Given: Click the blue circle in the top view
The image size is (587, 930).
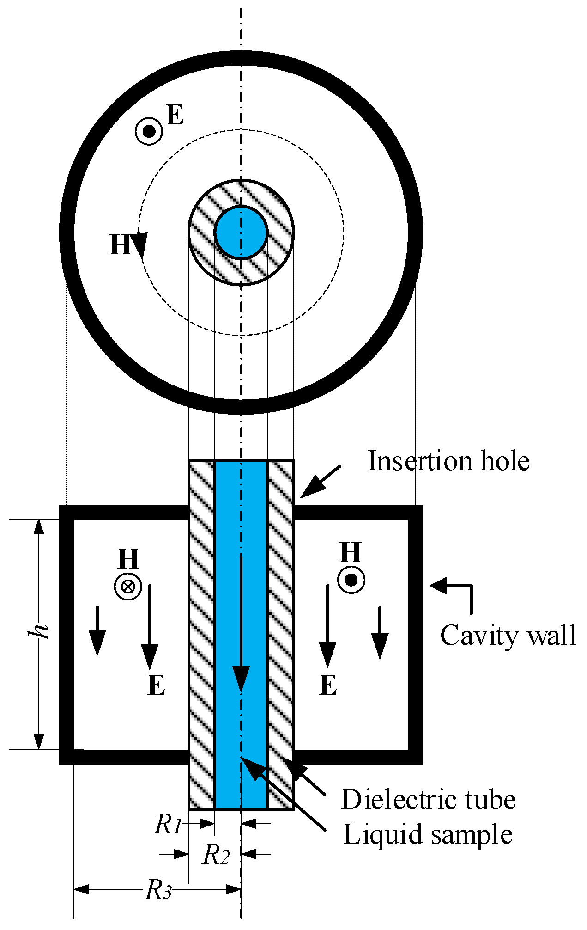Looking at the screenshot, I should (x=241, y=232).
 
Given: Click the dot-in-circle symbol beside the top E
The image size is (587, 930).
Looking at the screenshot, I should (x=149, y=132).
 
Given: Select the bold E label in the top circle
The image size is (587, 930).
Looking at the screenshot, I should (x=175, y=115).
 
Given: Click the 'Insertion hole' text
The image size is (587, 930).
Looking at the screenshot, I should (x=448, y=461).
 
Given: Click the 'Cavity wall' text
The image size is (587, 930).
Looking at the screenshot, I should (x=508, y=636).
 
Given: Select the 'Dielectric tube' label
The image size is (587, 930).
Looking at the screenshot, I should (x=428, y=800).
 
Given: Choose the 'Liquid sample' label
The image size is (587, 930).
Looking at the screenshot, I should (x=428, y=835).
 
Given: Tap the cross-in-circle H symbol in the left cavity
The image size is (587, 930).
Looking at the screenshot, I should (x=128, y=587).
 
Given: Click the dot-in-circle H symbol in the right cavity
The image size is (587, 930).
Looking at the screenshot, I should (x=351, y=580).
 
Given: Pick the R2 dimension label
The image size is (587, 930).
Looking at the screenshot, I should (x=216, y=854).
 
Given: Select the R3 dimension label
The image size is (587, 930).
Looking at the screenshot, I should (x=159, y=890).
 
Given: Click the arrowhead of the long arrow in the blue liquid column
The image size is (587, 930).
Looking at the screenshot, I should (x=241, y=679).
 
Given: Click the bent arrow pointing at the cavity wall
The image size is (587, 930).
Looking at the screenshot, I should (x=455, y=592).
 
